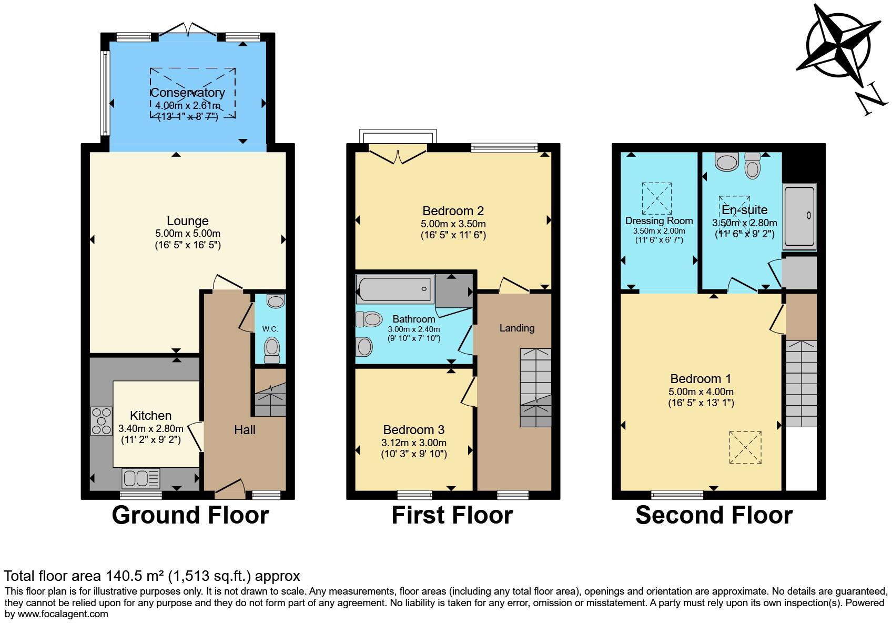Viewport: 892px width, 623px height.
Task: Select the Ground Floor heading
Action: click(x=190, y=515)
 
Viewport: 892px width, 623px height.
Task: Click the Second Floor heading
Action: click(x=714, y=515)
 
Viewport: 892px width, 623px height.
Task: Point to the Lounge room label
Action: click(x=188, y=221)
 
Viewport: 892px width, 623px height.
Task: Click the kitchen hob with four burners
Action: click(x=102, y=421)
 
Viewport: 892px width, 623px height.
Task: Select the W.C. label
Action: click(x=270, y=329)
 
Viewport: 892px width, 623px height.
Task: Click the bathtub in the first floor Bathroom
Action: click(x=394, y=289)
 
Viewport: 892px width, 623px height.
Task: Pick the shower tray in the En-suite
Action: click(x=799, y=216)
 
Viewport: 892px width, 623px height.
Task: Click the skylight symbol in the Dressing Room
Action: click(x=656, y=198)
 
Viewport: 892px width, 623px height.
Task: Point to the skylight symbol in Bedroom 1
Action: click(x=745, y=447)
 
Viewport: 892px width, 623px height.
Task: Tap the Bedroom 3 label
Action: click(x=414, y=430)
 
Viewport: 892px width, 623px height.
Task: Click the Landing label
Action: click(x=516, y=328)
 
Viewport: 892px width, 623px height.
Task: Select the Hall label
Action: click(x=245, y=430)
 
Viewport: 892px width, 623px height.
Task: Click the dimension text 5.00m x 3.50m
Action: click(x=453, y=224)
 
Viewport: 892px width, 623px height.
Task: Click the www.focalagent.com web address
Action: click(x=63, y=614)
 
